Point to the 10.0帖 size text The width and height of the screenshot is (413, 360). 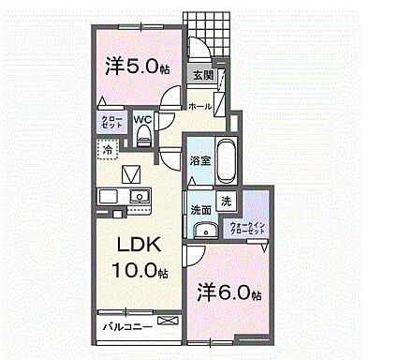click(139, 272)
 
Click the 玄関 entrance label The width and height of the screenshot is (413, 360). click(204, 75)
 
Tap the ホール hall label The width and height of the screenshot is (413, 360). click(200, 107)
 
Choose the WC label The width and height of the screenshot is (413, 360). click(141, 119)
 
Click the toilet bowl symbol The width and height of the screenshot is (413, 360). click(142, 137)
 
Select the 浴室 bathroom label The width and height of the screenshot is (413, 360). click(199, 161)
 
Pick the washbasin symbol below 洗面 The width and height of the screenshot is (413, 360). click(203, 232)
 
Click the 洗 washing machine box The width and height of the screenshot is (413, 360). click(227, 202)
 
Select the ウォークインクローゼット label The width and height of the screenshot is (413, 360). click(249, 228)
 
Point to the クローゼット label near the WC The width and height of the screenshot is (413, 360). click(110, 121)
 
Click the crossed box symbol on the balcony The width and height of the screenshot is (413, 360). click(167, 322)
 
